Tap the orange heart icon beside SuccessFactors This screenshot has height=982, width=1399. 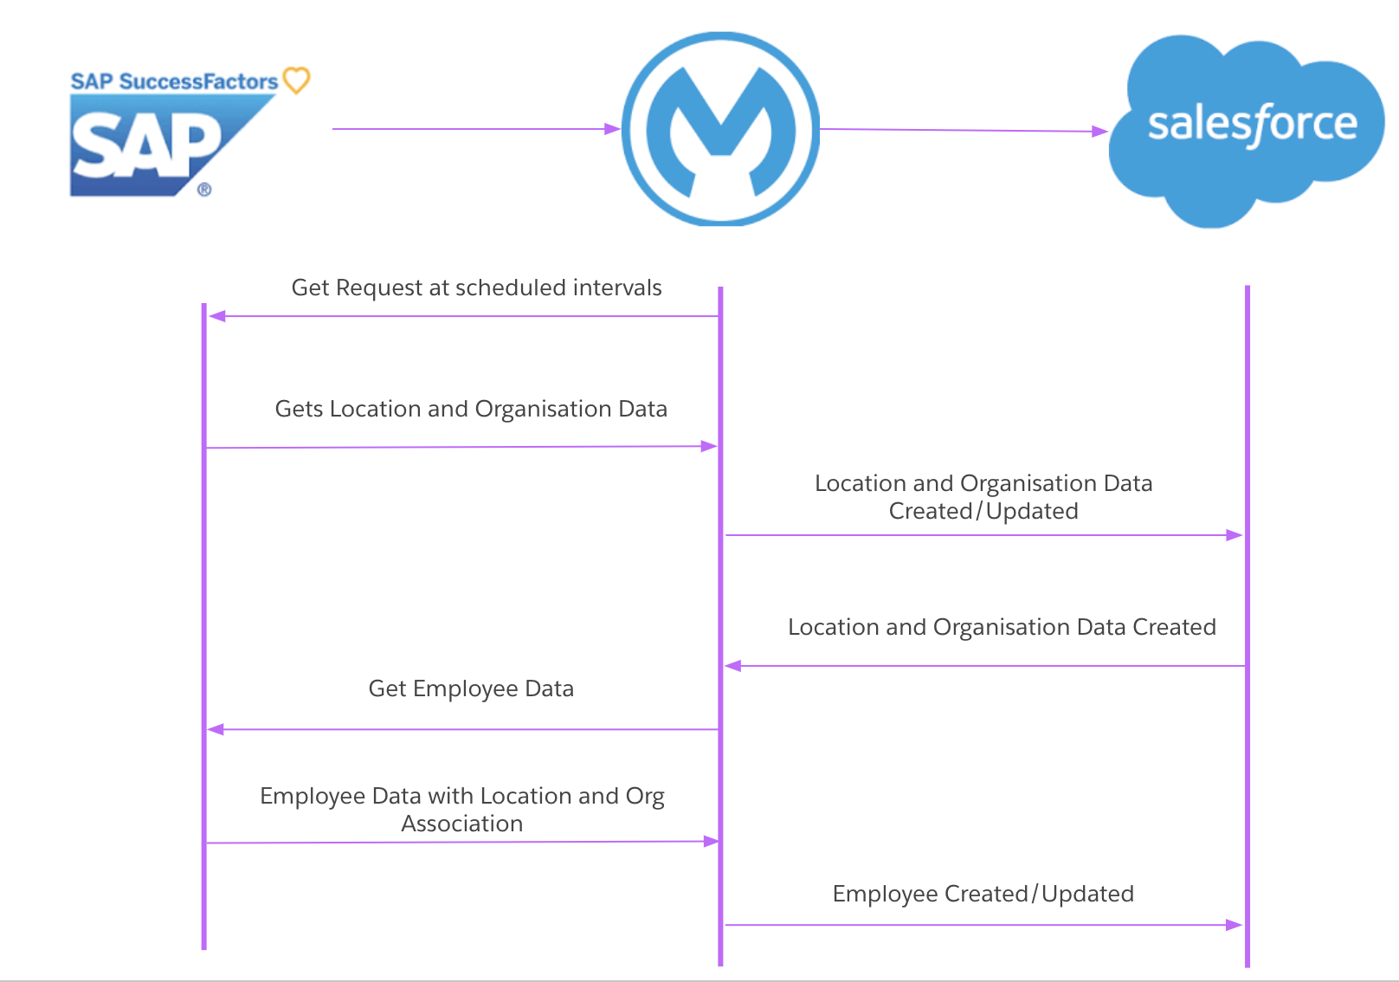(x=297, y=81)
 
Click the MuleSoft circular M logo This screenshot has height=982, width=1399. (x=720, y=130)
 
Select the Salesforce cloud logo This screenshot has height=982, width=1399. (x=1247, y=130)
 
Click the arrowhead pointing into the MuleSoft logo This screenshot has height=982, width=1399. (x=613, y=129)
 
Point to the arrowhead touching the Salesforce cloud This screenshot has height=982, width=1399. (x=1100, y=132)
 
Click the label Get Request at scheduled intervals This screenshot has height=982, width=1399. (x=476, y=287)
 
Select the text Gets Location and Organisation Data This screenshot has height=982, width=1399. (x=471, y=409)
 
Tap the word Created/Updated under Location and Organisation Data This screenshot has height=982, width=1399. (x=983, y=511)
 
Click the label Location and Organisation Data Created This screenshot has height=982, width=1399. (x=1002, y=627)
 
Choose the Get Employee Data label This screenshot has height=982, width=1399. (x=471, y=688)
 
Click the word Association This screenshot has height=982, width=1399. (x=461, y=824)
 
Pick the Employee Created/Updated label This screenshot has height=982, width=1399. (x=983, y=894)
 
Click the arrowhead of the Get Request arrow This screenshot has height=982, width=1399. (x=216, y=316)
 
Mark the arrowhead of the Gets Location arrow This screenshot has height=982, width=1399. (x=709, y=447)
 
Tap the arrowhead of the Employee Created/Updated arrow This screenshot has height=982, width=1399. (x=1235, y=925)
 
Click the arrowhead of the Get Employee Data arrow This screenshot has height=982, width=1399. (x=216, y=729)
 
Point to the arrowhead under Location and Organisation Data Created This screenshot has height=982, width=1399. (x=733, y=666)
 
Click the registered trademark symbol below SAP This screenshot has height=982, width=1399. (x=204, y=190)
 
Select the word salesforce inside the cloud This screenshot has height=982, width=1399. (x=1252, y=124)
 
